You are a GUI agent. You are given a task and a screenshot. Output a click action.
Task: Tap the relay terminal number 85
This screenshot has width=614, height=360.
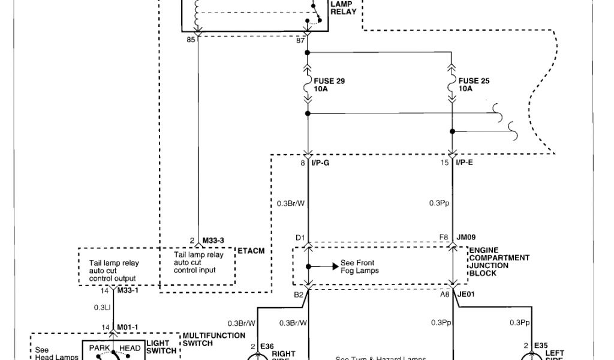(191, 41)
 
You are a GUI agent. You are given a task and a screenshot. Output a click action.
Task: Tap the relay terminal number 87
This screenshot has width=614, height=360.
(300, 41)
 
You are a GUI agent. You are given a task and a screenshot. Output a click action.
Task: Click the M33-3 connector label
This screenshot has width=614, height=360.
(213, 241)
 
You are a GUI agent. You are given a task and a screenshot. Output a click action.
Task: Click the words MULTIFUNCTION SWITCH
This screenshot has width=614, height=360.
(213, 339)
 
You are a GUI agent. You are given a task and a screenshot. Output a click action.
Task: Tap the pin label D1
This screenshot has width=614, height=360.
(300, 238)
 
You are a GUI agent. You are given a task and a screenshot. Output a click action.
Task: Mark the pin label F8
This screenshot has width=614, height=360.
(443, 238)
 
